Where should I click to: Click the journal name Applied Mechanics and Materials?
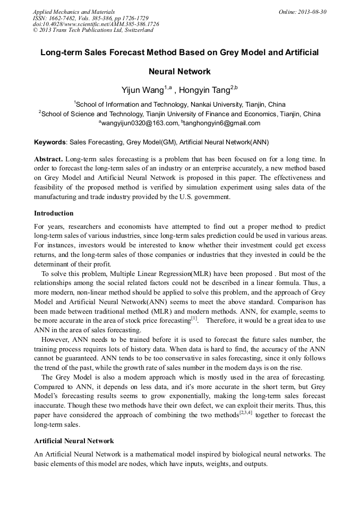[x=73, y=12]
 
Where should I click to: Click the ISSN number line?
[x=90, y=18]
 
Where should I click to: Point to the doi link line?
[x=96, y=24]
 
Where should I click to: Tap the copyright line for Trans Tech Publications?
[x=93, y=30]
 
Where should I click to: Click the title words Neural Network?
[x=179, y=71]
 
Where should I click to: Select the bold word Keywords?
[x=50, y=142]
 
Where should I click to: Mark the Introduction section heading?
[x=54, y=213]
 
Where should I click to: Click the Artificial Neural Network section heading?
[x=74, y=441]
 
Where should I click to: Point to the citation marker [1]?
[x=194, y=318]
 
